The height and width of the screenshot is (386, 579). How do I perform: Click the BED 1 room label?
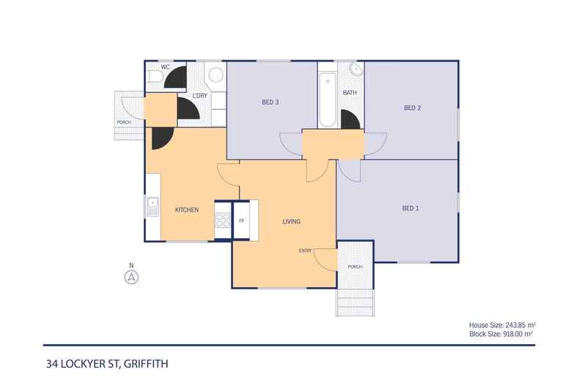point(410,208)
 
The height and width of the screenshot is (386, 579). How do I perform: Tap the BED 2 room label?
point(412,108)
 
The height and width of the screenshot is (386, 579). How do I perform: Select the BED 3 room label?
point(270,102)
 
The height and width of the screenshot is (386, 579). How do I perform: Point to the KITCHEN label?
point(187,210)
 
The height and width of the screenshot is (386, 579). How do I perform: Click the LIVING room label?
point(292,221)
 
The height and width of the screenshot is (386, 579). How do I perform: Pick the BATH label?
point(350,93)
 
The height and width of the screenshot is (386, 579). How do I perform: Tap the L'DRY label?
point(199,96)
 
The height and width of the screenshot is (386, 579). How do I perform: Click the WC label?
point(165,67)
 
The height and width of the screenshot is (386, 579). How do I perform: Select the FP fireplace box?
point(241,219)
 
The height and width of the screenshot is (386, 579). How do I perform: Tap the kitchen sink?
point(153,206)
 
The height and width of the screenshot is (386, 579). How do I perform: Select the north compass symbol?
point(131,276)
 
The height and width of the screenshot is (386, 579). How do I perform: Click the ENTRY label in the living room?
point(306,251)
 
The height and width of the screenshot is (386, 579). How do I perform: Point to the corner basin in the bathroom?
point(356,70)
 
